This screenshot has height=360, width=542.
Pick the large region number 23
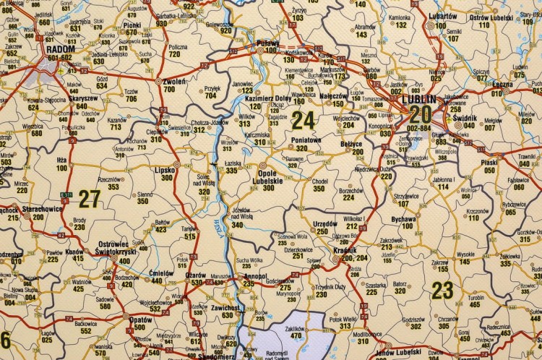(x=442, y=290)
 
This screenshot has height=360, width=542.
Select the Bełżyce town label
(x=350, y=145)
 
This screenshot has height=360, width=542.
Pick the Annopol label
(x=254, y=276)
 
